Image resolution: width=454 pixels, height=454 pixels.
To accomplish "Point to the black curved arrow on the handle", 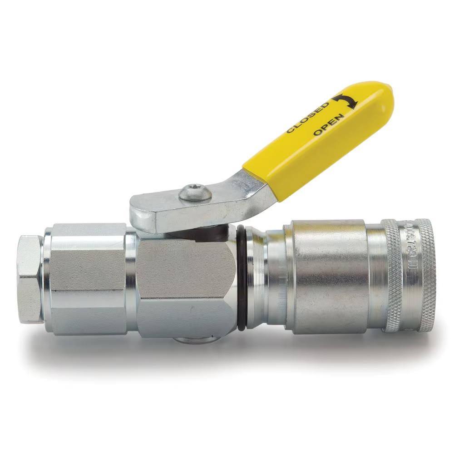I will (x=345, y=101).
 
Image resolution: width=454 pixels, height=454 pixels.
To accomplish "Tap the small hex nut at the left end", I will (x=31, y=279).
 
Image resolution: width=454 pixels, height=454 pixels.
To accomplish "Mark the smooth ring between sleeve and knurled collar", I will (x=375, y=277).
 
